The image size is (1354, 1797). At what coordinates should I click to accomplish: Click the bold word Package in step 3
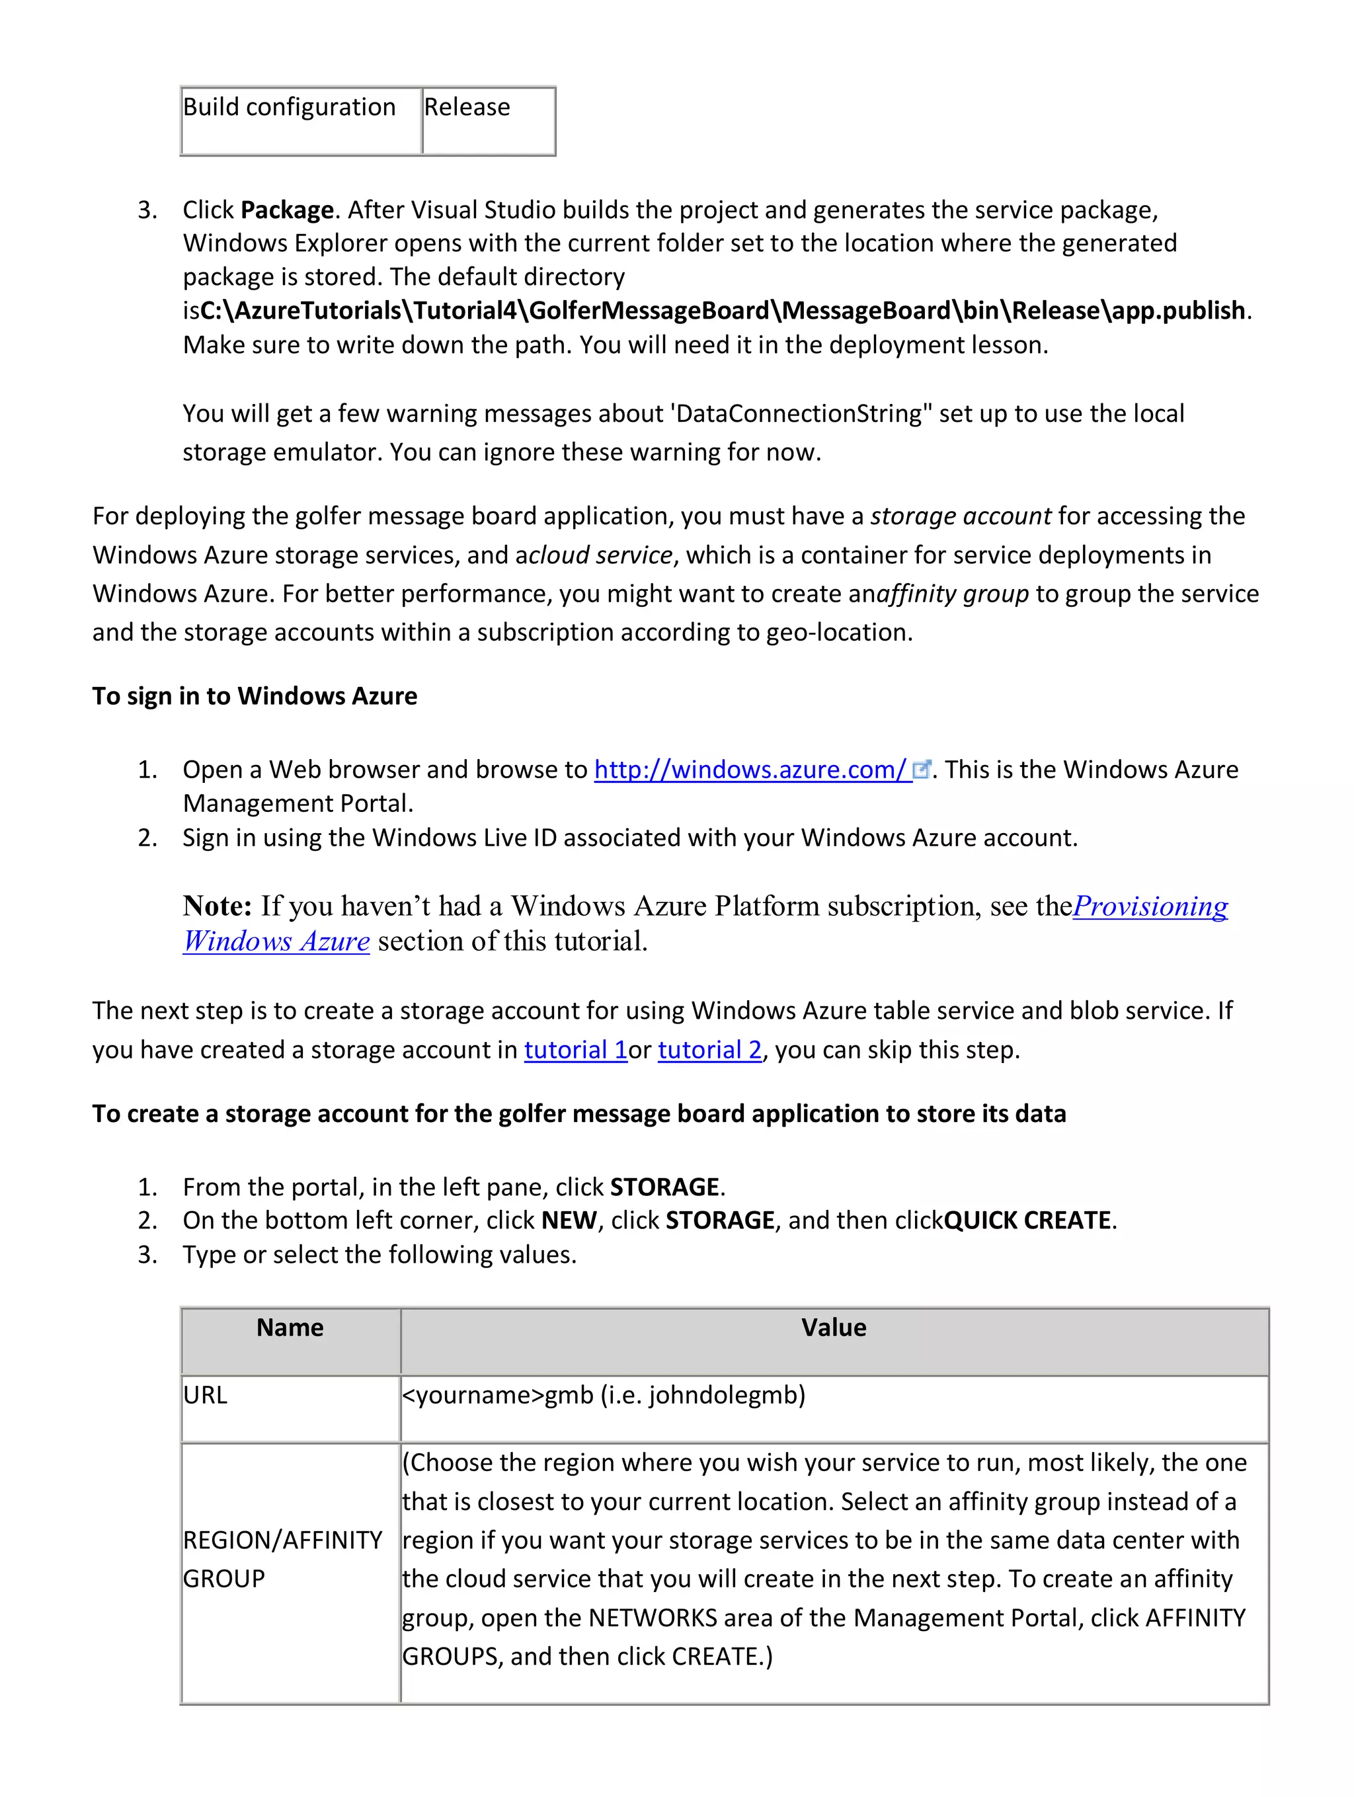point(287,210)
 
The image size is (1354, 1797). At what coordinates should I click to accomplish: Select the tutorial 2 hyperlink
point(709,1050)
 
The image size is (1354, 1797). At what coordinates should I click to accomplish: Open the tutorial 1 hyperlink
point(575,1050)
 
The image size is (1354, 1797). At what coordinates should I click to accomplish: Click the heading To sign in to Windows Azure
point(255,696)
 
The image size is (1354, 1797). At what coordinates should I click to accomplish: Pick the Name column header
point(290,1328)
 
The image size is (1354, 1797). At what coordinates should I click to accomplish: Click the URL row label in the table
point(205,1395)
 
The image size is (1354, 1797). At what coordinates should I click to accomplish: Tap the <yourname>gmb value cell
point(604,1395)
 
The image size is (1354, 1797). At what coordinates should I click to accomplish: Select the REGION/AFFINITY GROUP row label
point(282,1559)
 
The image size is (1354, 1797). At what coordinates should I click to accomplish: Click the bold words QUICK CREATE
point(1027,1220)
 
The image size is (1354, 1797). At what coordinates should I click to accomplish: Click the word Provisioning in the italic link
point(1150,906)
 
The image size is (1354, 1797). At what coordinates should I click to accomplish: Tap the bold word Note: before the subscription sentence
point(217,906)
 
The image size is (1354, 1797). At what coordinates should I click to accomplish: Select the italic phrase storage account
point(961,516)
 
